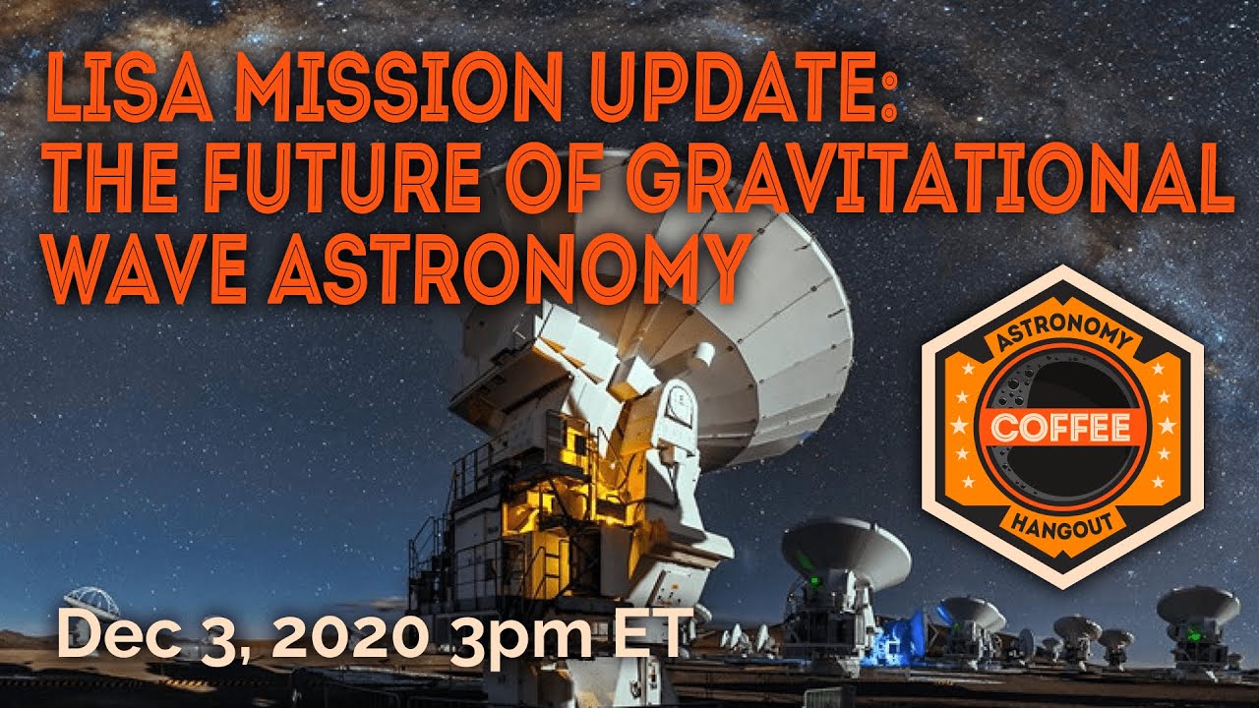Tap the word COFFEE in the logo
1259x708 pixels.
click(1060, 428)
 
